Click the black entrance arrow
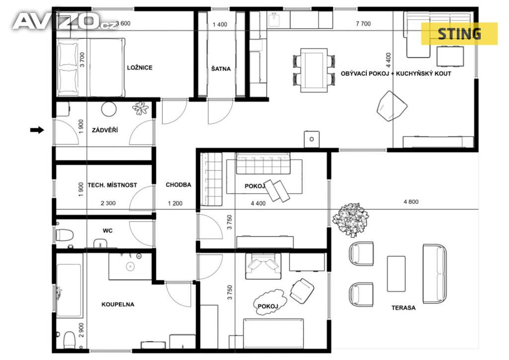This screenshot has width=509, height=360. point(37,130)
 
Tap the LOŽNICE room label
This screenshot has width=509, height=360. point(140,68)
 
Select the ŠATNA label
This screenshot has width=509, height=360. point(221,69)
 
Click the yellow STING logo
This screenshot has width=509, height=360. point(459,34)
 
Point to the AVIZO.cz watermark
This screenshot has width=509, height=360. point(65,22)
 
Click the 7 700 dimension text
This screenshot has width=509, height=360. point(363,24)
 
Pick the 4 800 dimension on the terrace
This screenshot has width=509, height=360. point(411,202)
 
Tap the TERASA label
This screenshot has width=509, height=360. point(404,308)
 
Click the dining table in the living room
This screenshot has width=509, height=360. point(314,70)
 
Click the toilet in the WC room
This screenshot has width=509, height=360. point(64,235)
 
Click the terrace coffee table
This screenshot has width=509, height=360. point(396,273)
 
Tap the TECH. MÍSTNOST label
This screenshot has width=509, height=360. point(112,185)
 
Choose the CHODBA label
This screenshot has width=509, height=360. point(178,184)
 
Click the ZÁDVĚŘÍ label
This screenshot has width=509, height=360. point(105,130)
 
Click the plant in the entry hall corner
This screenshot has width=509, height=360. point(141,108)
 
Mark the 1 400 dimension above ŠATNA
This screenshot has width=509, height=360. point(220,24)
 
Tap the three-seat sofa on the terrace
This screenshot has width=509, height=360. point(434,273)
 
